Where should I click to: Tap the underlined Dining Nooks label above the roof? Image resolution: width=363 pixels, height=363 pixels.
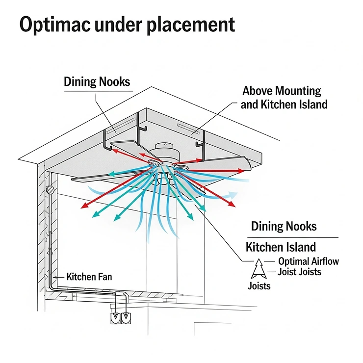(x=97, y=81)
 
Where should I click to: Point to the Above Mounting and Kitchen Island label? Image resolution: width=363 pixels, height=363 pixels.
(x=283, y=98)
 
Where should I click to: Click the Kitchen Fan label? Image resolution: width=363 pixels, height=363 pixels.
(x=89, y=277)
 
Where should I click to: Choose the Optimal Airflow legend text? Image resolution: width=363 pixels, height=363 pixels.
(x=308, y=261)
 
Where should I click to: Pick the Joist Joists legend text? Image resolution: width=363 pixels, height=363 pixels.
(x=300, y=272)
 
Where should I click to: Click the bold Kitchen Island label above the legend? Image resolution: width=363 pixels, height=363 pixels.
(x=281, y=246)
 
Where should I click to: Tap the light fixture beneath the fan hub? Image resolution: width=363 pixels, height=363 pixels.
(x=165, y=179)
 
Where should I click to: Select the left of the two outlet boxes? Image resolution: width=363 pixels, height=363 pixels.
(x=115, y=317)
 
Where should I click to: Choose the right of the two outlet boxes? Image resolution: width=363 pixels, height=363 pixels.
(x=126, y=317)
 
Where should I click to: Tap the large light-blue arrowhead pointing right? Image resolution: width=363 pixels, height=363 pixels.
(x=231, y=196)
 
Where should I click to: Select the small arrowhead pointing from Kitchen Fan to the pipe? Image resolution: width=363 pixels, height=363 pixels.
(x=55, y=277)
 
